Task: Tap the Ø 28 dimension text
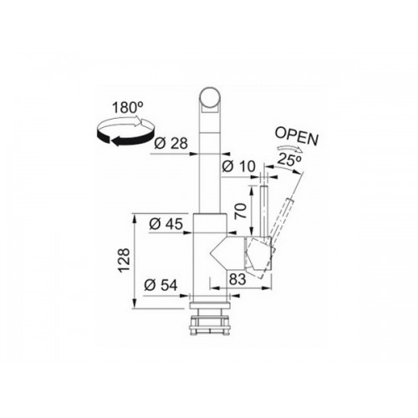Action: (x=171, y=144)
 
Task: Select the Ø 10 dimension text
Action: (x=238, y=166)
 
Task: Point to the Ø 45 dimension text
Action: (x=166, y=224)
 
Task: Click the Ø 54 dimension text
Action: (x=161, y=285)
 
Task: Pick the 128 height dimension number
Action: (x=124, y=260)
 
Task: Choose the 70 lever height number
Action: (x=241, y=211)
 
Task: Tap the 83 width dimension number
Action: (x=237, y=279)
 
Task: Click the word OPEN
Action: (x=296, y=137)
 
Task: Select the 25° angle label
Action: (x=289, y=160)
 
